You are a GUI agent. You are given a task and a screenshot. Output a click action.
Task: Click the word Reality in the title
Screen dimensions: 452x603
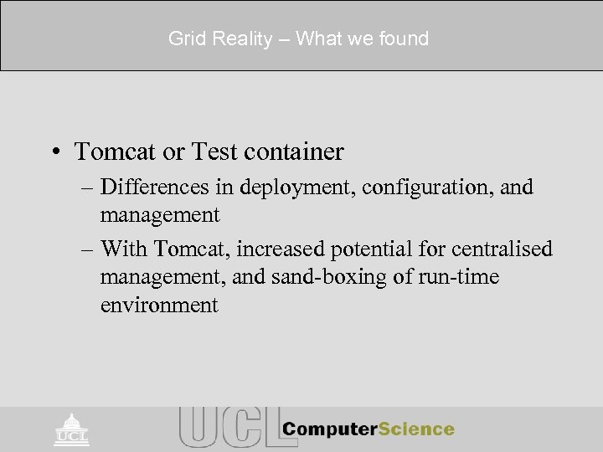[232, 39]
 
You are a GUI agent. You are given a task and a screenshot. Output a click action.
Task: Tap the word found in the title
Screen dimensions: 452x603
[401, 39]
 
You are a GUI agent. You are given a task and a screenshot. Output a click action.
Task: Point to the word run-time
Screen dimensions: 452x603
[462, 277]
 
